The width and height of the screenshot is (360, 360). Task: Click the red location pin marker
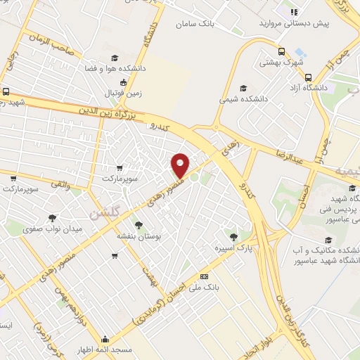(x=181, y=165)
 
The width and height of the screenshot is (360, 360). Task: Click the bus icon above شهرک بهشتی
(x=282, y=51)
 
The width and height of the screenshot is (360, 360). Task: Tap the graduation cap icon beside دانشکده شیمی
(x=243, y=88)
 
